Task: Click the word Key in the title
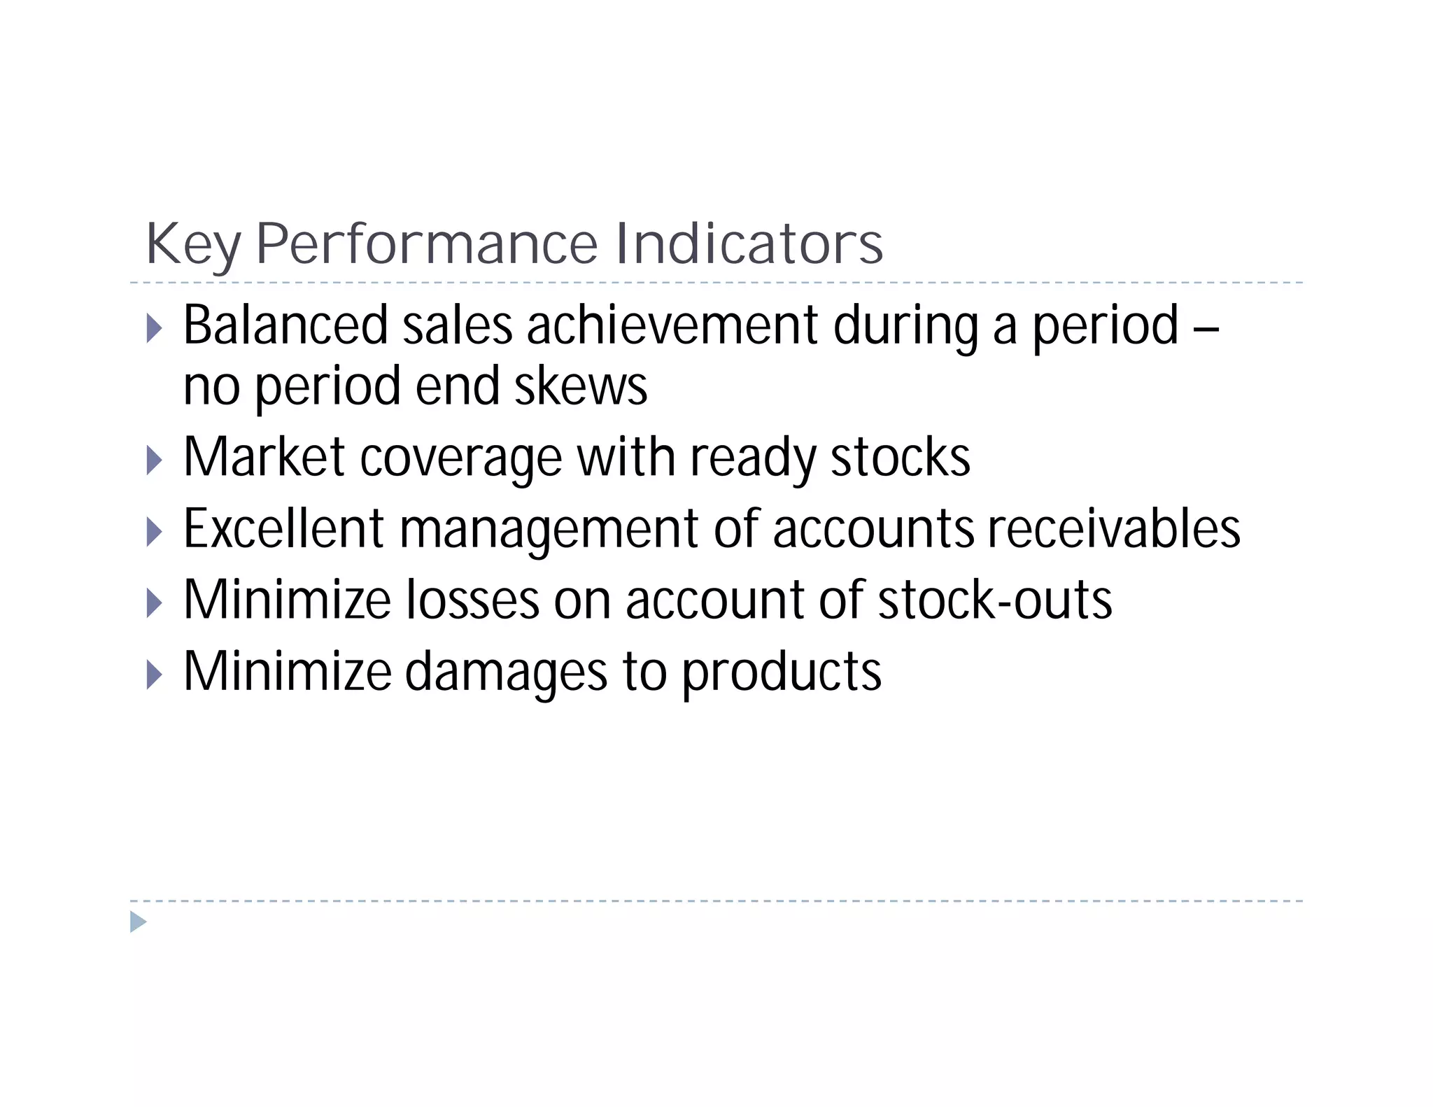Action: pyautogui.click(x=193, y=245)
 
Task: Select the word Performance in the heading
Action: pyautogui.click(x=427, y=245)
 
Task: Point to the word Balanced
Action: pyautogui.click(x=285, y=325)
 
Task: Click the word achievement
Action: pyautogui.click(x=672, y=325)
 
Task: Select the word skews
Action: pyautogui.click(x=581, y=387)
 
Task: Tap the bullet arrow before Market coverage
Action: pyautogui.click(x=155, y=461)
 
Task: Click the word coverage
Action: pyautogui.click(x=461, y=458)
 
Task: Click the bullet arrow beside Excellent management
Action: pyautogui.click(x=155, y=533)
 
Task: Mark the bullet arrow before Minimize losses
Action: pyautogui.click(x=155, y=603)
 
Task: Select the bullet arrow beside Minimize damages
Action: pyautogui.click(x=155, y=675)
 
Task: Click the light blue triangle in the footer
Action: pyautogui.click(x=138, y=922)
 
